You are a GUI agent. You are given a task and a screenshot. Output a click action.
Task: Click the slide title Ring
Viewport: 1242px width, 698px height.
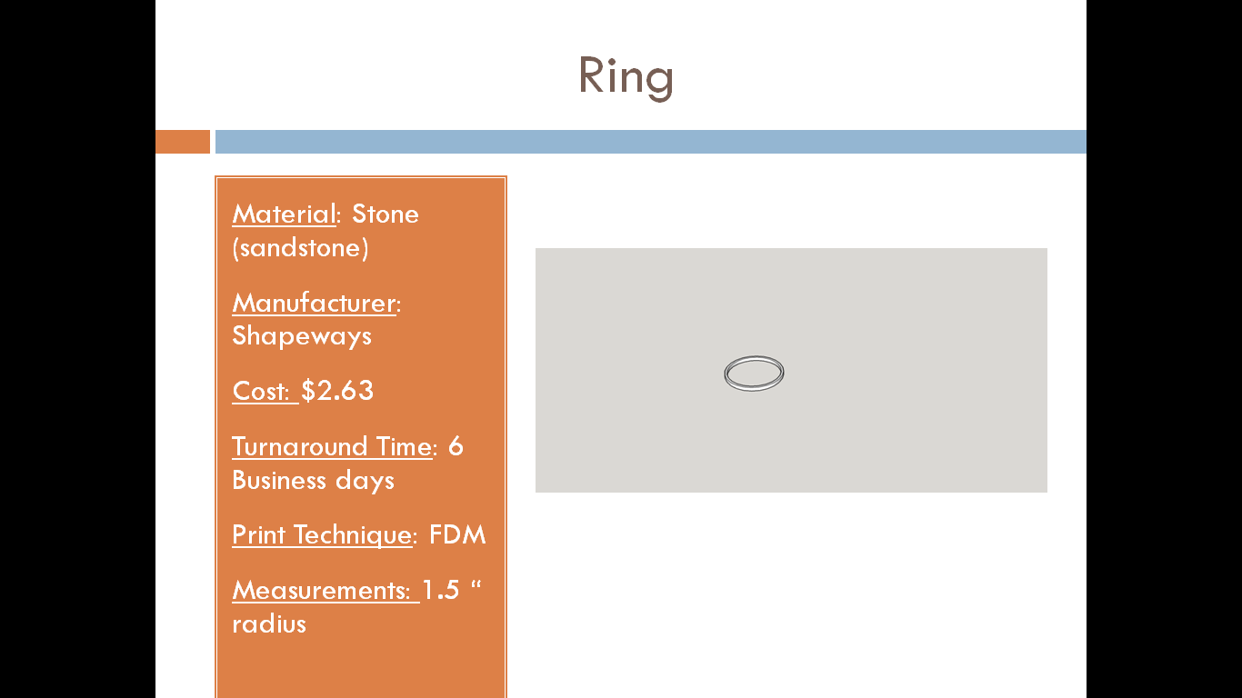[x=626, y=77]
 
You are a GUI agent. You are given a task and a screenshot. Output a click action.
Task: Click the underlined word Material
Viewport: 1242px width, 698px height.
[x=284, y=214]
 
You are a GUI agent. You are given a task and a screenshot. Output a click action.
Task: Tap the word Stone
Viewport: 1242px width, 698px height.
[x=386, y=214]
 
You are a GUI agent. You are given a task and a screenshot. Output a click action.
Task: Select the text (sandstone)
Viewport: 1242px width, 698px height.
[x=301, y=248]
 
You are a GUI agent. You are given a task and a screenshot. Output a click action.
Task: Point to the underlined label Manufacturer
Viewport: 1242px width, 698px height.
[x=315, y=304]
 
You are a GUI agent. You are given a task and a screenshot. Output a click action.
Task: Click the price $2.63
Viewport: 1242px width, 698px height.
[x=337, y=391]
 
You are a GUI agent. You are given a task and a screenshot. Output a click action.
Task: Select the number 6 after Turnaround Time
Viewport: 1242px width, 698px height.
[x=456, y=446]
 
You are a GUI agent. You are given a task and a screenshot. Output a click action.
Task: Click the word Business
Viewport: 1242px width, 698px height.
[x=278, y=480]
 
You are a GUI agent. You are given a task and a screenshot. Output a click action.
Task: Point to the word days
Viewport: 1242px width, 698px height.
[x=365, y=481]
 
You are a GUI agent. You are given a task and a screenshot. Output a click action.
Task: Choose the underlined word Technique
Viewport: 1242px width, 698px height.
[x=353, y=535]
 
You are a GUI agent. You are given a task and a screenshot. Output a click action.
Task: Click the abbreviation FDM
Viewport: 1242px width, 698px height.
[x=457, y=535]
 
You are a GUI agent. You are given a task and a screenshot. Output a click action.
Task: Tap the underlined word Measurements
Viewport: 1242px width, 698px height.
[x=321, y=591]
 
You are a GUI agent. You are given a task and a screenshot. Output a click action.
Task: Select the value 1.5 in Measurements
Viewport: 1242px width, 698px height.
[x=441, y=591]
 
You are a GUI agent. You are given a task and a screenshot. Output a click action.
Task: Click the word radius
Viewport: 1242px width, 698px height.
[x=269, y=624]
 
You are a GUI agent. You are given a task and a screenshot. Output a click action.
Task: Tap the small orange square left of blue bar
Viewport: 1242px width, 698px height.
[x=183, y=142]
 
